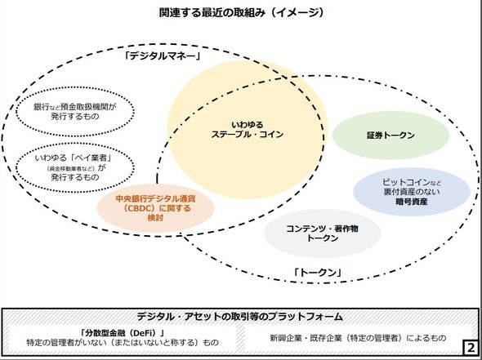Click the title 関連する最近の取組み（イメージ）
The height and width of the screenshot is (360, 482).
(x=241, y=12)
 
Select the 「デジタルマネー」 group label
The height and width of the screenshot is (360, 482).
(x=163, y=56)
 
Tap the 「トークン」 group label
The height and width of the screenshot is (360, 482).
(x=318, y=273)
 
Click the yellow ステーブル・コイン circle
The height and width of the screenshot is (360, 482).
(x=248, y=129)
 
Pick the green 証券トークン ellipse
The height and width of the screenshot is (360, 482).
(x=391, y=136)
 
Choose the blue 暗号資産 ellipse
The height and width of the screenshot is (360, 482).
(x=412, y=192)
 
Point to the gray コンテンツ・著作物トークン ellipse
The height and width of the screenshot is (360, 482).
(x=322, y=233)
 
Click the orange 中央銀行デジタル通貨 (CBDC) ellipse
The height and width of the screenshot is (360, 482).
(x=155, y=208)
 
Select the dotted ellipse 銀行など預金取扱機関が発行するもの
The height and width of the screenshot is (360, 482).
(x=75, y=111)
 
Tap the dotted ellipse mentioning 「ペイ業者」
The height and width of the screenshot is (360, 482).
(x=75, y=167)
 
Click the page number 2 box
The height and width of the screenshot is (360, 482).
(x=471, y=348)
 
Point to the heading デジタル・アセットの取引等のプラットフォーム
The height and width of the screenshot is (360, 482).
(x=239, y=316)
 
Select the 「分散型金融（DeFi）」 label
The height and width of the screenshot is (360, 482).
(x=123, y=333)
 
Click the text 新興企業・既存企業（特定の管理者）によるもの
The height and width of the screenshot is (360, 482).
(x=358, y=338)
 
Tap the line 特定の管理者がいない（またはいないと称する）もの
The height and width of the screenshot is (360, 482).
(x=123, y=343)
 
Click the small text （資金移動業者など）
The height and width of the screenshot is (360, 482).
(x=72, y=168)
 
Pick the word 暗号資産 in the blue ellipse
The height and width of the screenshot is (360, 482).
(x=412, y=202)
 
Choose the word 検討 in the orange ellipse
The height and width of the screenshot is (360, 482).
(x=155, y=218)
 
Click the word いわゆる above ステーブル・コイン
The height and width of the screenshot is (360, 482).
(x=248, y=125)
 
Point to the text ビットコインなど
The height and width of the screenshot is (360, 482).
(x=412, y=182)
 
